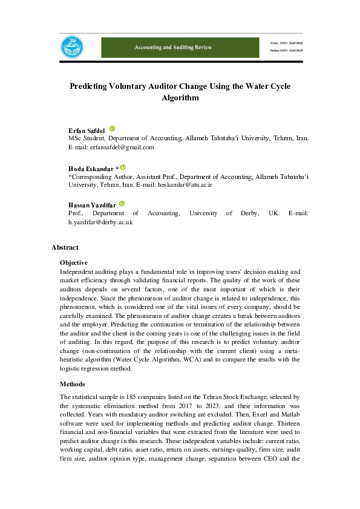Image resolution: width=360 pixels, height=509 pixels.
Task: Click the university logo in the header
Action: (x=71, y=47)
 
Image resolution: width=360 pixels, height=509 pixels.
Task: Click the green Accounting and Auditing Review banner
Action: (x=182, y=47)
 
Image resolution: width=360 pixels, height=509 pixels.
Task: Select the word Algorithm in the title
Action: (x=180, y=97)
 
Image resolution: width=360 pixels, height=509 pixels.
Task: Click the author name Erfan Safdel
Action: (x=87, y=131)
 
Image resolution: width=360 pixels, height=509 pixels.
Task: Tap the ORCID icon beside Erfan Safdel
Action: (x=112, y=129)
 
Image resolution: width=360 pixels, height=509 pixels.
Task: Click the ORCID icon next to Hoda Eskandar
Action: (x=123, y=167)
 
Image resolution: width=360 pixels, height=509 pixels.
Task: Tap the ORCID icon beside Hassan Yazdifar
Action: (x=122, y=204)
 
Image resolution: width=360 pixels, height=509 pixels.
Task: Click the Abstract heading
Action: (x=65, y=247)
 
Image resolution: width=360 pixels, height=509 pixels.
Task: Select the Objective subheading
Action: (x=74, y=263)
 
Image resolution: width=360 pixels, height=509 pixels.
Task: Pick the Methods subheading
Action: (x=73, y=384)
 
